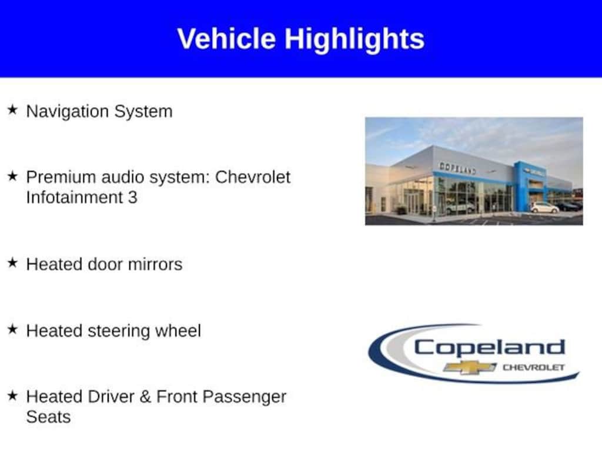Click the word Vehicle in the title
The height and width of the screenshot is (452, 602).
[x=226, y=38]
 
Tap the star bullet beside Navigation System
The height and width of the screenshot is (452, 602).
[x=12, y=109]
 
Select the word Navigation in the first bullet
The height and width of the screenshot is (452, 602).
[x=68, y=112]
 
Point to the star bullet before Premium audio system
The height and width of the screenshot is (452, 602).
[x=12, y=175]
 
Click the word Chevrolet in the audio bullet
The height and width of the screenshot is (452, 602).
[x=253, y=177]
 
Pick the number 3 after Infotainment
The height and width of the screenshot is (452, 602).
[x=132, y=198]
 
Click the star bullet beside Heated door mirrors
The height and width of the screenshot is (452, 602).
[x=12, y=262]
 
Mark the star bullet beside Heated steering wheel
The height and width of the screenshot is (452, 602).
[x=12, y=329]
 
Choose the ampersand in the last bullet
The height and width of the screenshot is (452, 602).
[x=145, y=397]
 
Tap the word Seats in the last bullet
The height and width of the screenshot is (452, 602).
[x=48, y=417]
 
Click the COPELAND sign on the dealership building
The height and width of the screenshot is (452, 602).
[x=457, y=168]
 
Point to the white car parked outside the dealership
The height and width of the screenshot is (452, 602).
[x=544, y=208]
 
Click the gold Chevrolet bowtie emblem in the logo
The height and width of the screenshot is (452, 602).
[x=470, y=367]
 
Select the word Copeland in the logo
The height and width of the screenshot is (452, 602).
[x=490, y=348]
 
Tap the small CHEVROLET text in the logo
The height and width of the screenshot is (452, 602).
[x=533, y=367]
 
